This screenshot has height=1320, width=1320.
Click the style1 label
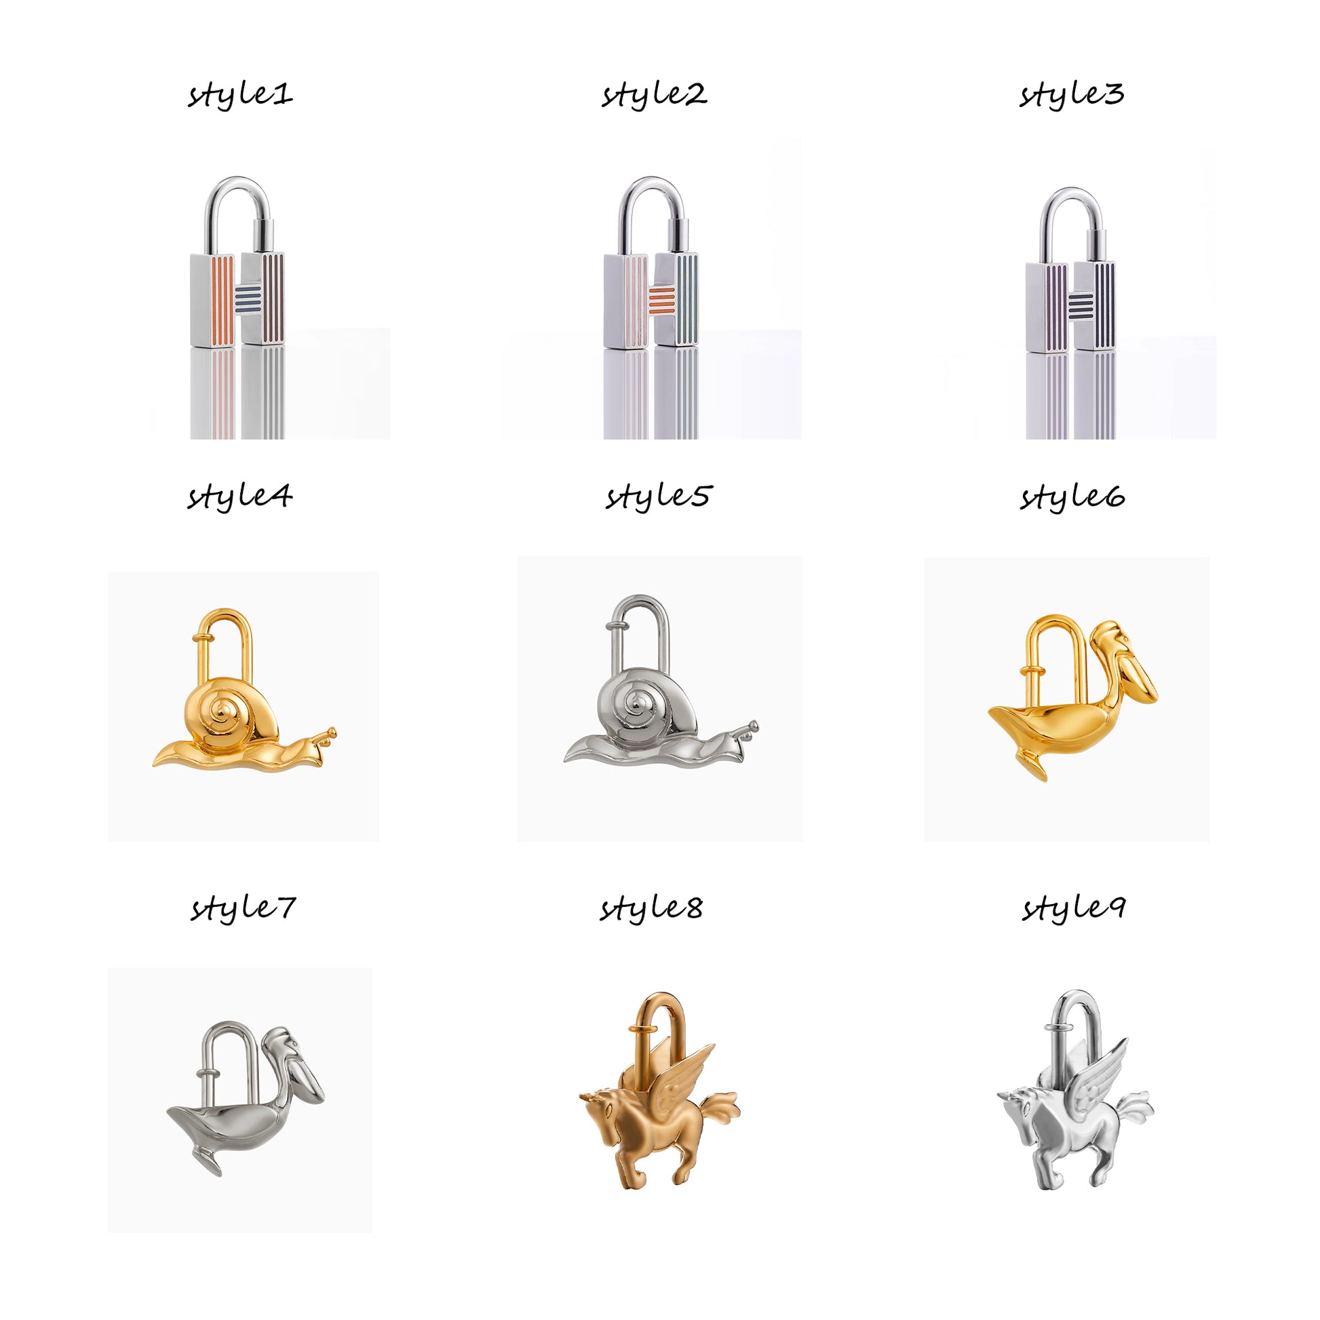point(241,94)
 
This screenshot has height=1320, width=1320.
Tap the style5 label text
point(658,497)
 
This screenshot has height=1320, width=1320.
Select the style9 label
point(1072,909)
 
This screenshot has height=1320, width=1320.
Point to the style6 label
point(1072,497)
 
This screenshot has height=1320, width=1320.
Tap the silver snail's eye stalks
point(750,730)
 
